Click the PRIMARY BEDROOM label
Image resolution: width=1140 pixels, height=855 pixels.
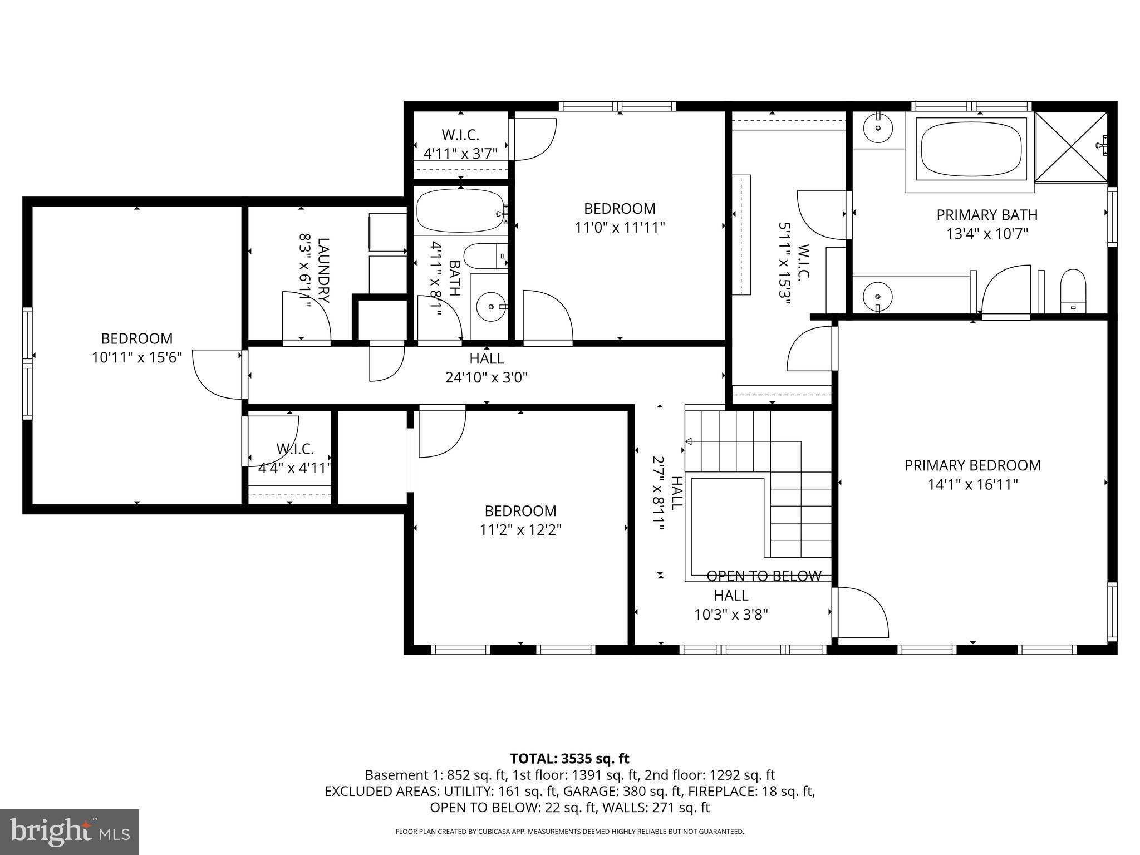972,465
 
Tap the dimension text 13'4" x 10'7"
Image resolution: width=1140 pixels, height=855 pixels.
987,234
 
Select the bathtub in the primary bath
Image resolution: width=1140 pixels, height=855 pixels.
971,149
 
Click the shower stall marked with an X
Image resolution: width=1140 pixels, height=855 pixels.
1071,147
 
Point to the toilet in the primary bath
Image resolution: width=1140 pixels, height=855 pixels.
1073,291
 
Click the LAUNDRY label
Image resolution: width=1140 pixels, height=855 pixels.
323,271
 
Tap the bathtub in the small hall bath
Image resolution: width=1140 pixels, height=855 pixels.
461,211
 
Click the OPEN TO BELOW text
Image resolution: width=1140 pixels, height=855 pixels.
764,576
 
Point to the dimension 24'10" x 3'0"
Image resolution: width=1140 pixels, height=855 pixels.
487,378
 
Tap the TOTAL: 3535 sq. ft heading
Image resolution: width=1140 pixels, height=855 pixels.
569,759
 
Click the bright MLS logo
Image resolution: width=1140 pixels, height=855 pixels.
70,832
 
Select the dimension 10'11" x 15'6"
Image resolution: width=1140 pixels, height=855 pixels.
137,357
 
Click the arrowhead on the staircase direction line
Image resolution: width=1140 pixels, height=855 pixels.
688,441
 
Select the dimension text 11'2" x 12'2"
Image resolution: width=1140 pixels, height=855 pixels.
520,530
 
